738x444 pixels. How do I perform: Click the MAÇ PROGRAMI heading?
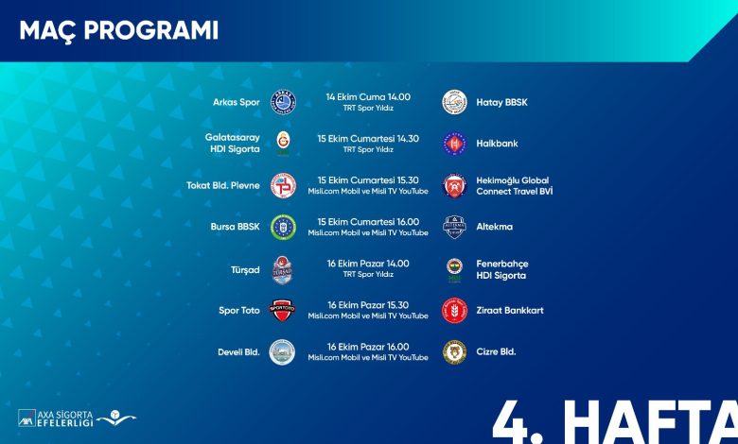pos(118,31)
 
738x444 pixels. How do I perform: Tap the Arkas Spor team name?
pos(237,102)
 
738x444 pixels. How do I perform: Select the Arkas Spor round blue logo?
pos(283,102)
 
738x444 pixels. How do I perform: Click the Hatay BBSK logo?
pos(455,102)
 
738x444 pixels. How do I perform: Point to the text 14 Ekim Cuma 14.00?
pos(368,96)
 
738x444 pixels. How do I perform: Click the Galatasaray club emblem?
pos(283,144)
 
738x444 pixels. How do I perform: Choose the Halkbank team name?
pos(497,144)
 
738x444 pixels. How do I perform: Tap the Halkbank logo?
pos(455,144)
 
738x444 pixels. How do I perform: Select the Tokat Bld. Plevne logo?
pos(283,185)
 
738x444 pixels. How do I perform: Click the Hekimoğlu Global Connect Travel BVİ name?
pos(515,185)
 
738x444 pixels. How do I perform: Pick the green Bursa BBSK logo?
pos(283,227)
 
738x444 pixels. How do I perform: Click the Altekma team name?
pos(494,227)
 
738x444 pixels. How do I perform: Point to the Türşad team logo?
pos(283,270)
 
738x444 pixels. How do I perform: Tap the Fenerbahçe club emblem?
pos(455,270)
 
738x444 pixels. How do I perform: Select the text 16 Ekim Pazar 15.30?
pos(368,305)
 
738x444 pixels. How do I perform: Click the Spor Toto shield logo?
pos(282,310)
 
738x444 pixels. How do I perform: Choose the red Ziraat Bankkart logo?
pos(455,311)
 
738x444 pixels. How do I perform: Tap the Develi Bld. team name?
pos(238,352)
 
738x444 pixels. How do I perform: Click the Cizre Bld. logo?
pos(455,352)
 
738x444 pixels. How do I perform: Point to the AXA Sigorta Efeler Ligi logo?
pos(78,418)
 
